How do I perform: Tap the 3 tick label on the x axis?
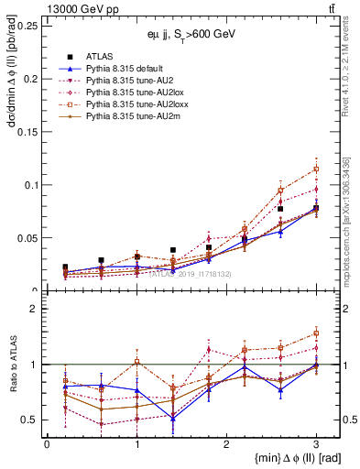pos(316,444)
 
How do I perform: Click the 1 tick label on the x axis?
pos(136,444)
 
